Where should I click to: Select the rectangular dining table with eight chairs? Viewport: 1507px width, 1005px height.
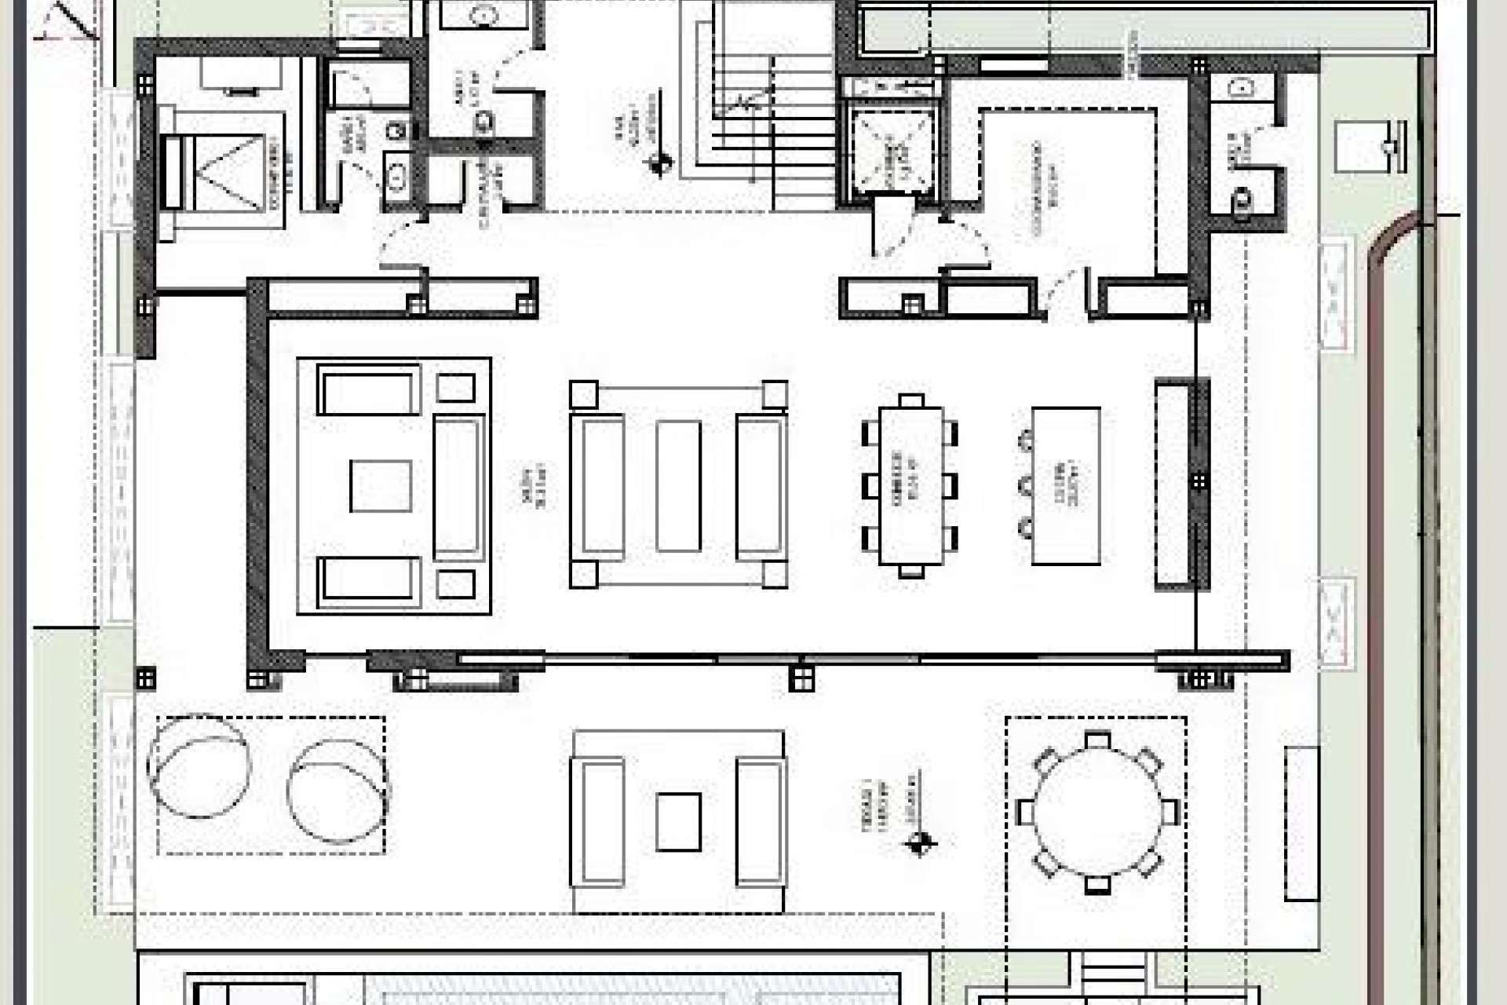(x=910, y=485)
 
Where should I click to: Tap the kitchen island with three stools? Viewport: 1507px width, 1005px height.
(x=1065, y=485)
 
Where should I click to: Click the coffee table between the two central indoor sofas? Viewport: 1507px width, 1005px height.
(x=678, y=485)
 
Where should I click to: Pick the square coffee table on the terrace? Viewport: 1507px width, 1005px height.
(x=678, y=821)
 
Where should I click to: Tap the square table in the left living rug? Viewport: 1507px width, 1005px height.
(x=381, y=486)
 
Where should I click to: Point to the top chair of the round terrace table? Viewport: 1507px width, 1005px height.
(x=1097, y=740)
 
